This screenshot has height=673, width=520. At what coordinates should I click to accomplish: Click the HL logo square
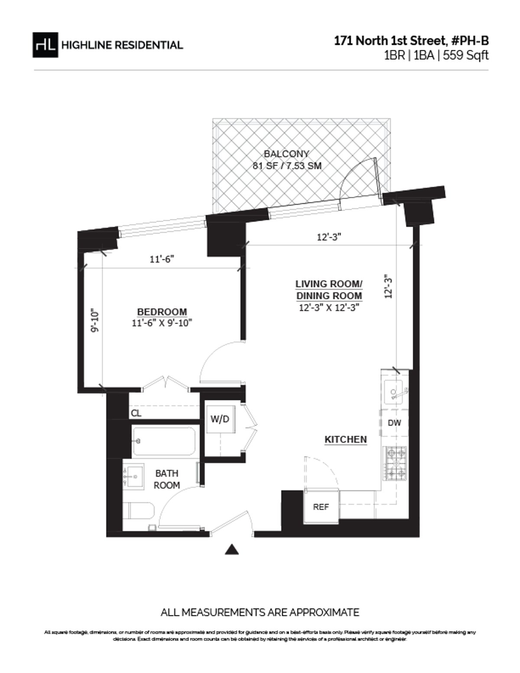click(x=45, y=45)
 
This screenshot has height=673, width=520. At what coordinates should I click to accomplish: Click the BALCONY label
click(x=286, y=154)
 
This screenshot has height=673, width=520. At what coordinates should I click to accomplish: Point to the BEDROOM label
click(x=162, y=312)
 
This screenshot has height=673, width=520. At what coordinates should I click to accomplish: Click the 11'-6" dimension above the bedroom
click(x=162, y=259)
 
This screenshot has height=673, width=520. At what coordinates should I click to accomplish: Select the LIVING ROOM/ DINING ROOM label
click(x=329, y=290)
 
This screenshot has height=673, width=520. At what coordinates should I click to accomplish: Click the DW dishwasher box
click(x=394, y=423)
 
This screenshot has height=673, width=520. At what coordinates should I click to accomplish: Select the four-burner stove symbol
click(x=396, y=464)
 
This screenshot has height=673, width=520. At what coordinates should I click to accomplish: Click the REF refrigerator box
click(x=321, y=506)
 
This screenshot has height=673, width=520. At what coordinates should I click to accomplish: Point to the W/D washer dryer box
click(x=220, y=419)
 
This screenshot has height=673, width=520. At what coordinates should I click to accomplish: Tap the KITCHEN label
click(x=346, y=439)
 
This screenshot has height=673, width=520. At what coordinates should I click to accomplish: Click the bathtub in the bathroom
click(x=164, y=441)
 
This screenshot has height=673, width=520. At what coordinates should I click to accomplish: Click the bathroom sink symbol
click(x=133, y=476)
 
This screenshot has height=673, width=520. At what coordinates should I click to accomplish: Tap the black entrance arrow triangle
click(x=233, y=549)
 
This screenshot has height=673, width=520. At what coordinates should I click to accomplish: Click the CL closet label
click(x=136, y=413)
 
